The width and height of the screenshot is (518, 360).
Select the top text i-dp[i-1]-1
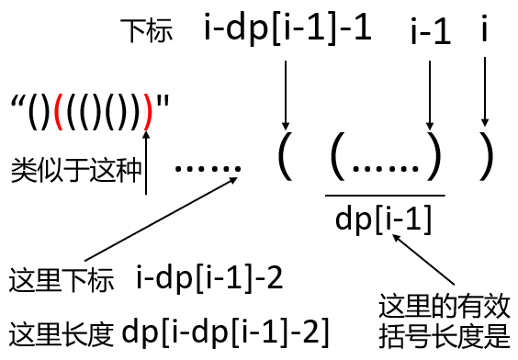[287, 29]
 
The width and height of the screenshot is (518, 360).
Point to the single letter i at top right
[485, 31]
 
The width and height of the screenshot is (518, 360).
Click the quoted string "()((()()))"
[92, 107]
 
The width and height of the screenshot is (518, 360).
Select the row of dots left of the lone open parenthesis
[207, 167]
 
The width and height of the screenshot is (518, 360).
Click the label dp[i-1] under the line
[385, 219]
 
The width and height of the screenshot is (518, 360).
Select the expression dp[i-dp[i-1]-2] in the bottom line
[226, 330]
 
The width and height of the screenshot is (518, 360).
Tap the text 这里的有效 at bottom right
[444, 304]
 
